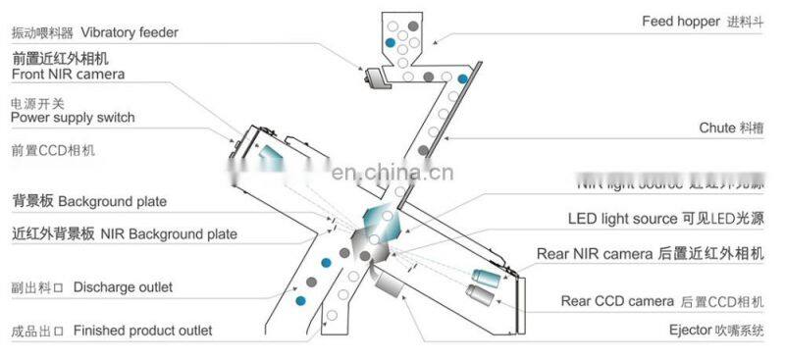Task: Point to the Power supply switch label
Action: coord(73,118)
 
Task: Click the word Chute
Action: coord(716,128)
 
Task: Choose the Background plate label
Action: coord(112,201)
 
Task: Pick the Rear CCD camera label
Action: coord(617,300)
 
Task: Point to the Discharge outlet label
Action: coord(123,287)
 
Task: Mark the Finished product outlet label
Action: coord(142,331)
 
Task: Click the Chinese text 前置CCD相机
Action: coord(54,151)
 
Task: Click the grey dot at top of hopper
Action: coord(415,21)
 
